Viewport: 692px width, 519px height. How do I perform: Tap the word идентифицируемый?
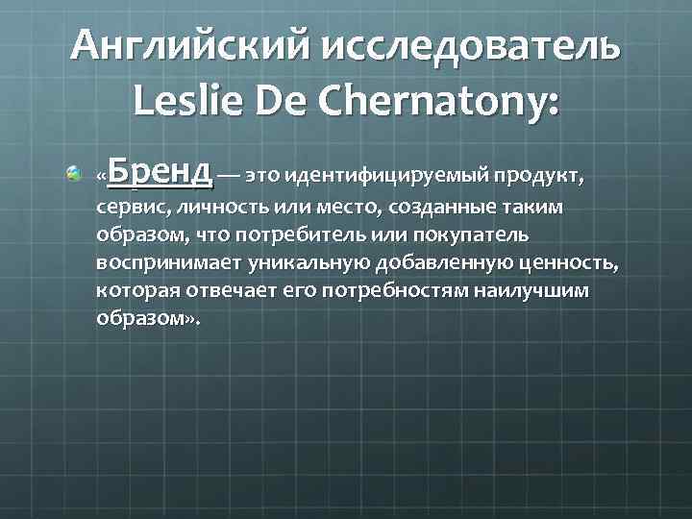tap(387, 177)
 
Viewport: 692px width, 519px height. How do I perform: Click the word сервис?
tap(127, 208)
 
